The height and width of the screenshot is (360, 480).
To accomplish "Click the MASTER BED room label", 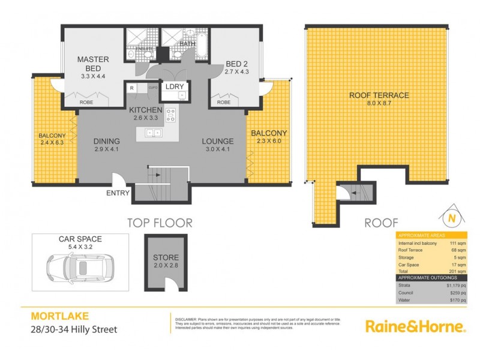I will (92, 60).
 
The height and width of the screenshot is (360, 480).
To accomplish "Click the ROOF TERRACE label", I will (379, 95).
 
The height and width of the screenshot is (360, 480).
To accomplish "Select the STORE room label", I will (165, 259).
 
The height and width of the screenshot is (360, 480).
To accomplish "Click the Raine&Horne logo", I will (415, 326).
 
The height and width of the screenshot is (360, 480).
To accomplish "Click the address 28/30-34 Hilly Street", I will (73, 329).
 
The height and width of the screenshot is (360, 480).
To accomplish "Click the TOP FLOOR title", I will (159, 223).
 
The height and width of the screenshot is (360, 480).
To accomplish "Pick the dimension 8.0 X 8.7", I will (379, 104).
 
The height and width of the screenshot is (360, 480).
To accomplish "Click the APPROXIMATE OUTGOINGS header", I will (426, 278).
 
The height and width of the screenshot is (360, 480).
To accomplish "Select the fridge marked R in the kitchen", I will (131, 88).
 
